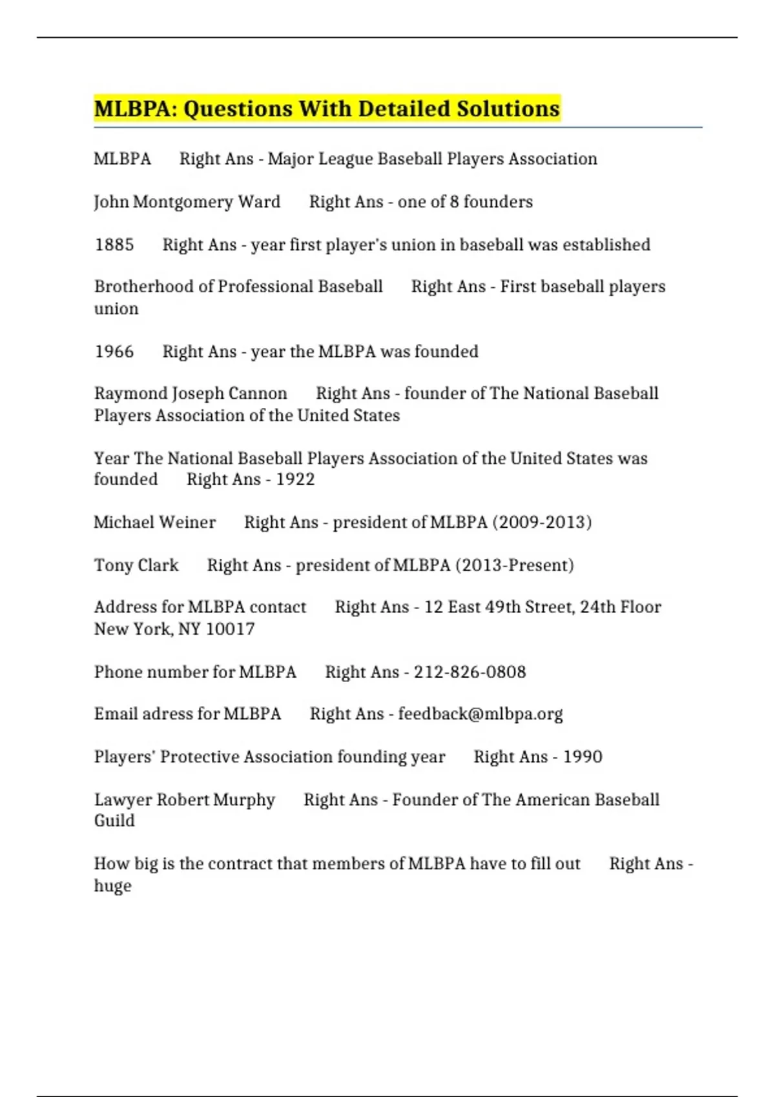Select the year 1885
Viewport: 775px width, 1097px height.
[x=114, y=245]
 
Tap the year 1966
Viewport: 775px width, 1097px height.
[x=114, y=352]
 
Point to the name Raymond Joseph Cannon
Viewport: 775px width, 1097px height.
[x=191, y=394]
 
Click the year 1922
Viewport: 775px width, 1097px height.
[x=295, y=479]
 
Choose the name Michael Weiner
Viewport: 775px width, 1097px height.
[x=154, y=522]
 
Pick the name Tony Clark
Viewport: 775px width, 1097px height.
[x=136, y=565]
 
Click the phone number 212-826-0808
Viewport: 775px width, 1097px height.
[x=470, y=672]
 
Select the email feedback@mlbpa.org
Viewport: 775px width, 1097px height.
[x=480, y=714]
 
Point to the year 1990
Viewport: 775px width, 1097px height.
[x=582, y=756]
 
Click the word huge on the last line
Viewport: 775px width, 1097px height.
[x=112, y=886]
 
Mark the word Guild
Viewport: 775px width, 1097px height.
[x=114, y=821]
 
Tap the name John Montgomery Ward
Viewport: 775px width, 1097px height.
[x=187, y=202]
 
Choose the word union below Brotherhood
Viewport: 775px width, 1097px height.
[x=116, y=308]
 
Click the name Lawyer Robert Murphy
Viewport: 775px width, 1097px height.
[x=184, y=800]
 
